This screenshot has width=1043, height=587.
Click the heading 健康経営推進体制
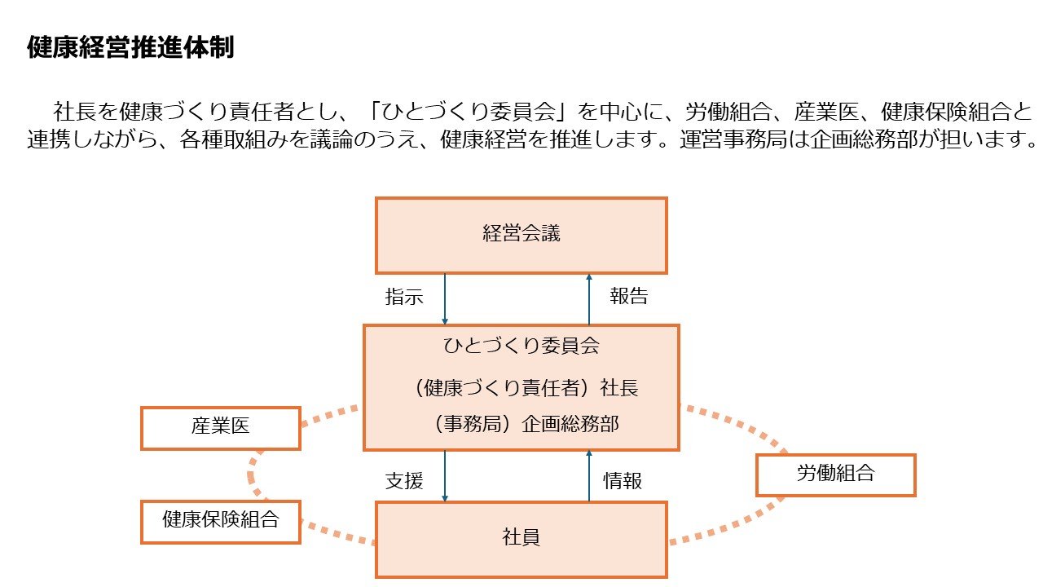[130, 47]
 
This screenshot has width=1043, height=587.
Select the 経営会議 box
[521, 236]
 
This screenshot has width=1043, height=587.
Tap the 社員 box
[521, 540]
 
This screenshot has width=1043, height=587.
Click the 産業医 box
[221, 428]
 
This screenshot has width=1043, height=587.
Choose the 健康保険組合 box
[221, 522]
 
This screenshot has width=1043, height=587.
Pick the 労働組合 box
[836, 474]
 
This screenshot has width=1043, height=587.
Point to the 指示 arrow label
[404, 296]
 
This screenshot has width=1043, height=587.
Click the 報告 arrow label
[629, 296]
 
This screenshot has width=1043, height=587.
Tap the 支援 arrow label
[404, 481]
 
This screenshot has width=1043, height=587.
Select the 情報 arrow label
[623, 481]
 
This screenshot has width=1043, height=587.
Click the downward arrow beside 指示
[445, 299]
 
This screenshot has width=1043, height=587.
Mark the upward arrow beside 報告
[589, 299]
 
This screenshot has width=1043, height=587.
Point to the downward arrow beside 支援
[445, 476]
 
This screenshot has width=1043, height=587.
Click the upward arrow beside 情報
[589, 476]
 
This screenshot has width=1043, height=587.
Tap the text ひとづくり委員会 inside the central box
[521, 346]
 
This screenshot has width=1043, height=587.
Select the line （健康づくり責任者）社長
[526, 387]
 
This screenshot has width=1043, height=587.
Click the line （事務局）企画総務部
[526, 424]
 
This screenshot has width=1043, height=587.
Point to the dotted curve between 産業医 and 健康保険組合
[251, 475]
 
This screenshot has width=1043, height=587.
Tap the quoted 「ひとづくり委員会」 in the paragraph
[469, 112]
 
